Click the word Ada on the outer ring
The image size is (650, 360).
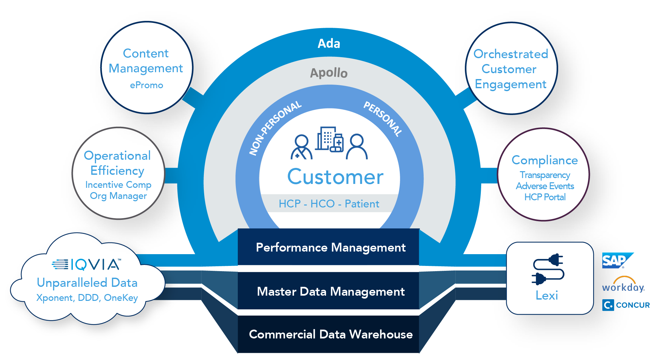(x=329, y=43)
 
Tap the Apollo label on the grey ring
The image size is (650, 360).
(x=329, y=73)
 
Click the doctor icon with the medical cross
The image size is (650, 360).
(x=301, y=147)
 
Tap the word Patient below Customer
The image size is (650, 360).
(x=362, y=204)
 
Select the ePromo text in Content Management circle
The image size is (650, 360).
(x=146, y=85)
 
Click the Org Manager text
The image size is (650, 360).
(x=118, y=196)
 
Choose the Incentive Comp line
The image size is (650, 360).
(x=118, y=185)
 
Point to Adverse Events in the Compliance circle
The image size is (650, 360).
(x=545, y=186)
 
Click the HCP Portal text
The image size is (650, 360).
(x=545, y=197)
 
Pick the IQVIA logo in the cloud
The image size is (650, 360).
(x=87, y=264)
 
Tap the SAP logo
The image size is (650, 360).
(x=615, y=261)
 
